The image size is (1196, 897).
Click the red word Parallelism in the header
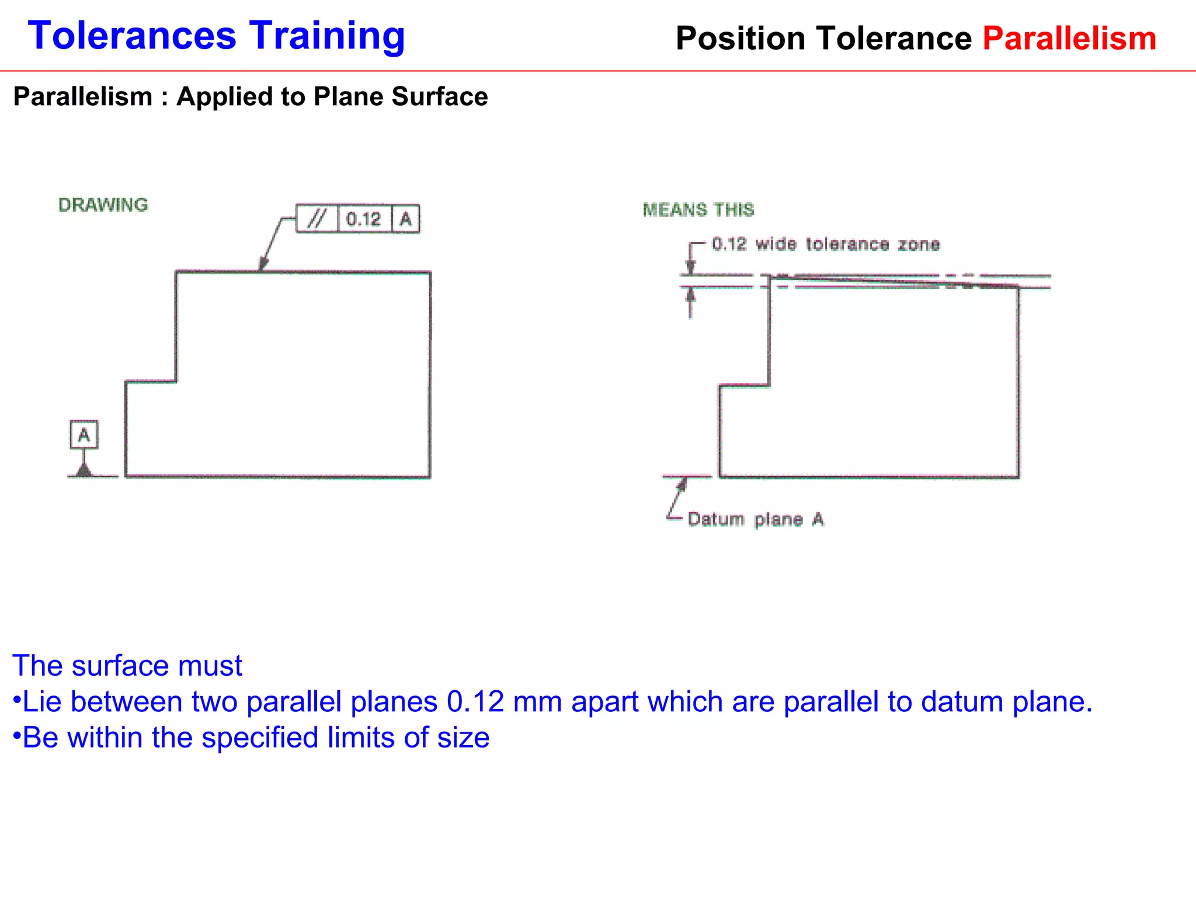pos(1069,39)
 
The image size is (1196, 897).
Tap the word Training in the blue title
pos(327,36)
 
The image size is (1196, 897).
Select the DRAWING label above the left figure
pos(103,205)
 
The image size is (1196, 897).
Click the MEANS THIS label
pos(698,210)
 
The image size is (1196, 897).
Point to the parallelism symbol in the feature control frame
pos(317,219)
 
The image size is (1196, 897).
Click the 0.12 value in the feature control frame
pos(363,219)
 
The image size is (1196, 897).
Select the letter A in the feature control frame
pos(406,220)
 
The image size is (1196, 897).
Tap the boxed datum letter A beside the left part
pos(84,434)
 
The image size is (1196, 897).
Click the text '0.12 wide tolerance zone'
pos(826,244)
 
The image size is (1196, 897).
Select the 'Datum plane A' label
pos(756,519)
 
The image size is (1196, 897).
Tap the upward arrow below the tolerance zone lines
pos(691,295)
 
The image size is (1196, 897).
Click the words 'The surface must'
pos(127,666)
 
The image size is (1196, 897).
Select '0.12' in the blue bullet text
pos(475,701)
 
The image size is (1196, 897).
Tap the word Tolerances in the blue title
pos(132,36)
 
